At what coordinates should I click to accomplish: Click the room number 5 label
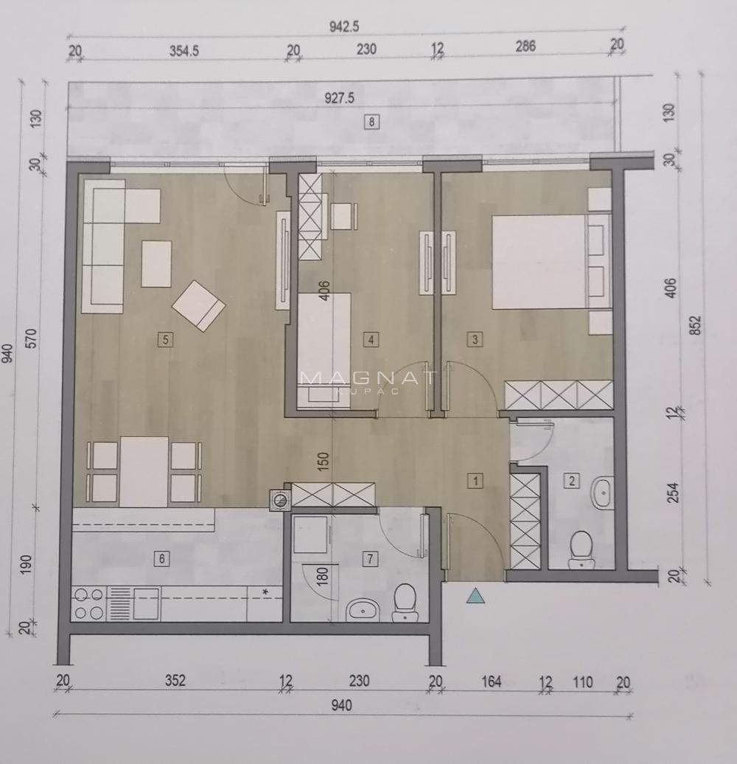pyautogui.click(x=165, y=339)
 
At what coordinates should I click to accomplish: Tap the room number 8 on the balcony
pyautogui.click(x=372, y=122)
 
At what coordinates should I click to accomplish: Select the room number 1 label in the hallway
pyautogui.click(x=476, y=481)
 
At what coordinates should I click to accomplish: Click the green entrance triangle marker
pyautogui.click(x=476, y=595)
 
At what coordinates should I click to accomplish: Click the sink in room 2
pyautogui.click(x=602, y=493)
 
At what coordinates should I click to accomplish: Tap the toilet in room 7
pyautogui.click(x=405, y=601)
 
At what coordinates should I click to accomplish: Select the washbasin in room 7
pyautogui.click(x=363, y=609)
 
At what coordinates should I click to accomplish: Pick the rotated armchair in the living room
pyautogui.click(x=198, y=305)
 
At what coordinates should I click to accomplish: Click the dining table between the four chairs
pyautogui.click(x=144, y=471)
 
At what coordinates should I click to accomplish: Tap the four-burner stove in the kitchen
pyautogui.click(x=88, y=602)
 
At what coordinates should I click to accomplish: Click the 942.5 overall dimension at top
pyautogui.click(x=343, y=27)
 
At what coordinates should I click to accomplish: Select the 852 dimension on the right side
pyautogui.click(x=696, y=325)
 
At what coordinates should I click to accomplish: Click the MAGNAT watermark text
pyautogui.click(x=368, y=378)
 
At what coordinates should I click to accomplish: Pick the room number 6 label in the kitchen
pyautogui.click(x=161, y=558)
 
